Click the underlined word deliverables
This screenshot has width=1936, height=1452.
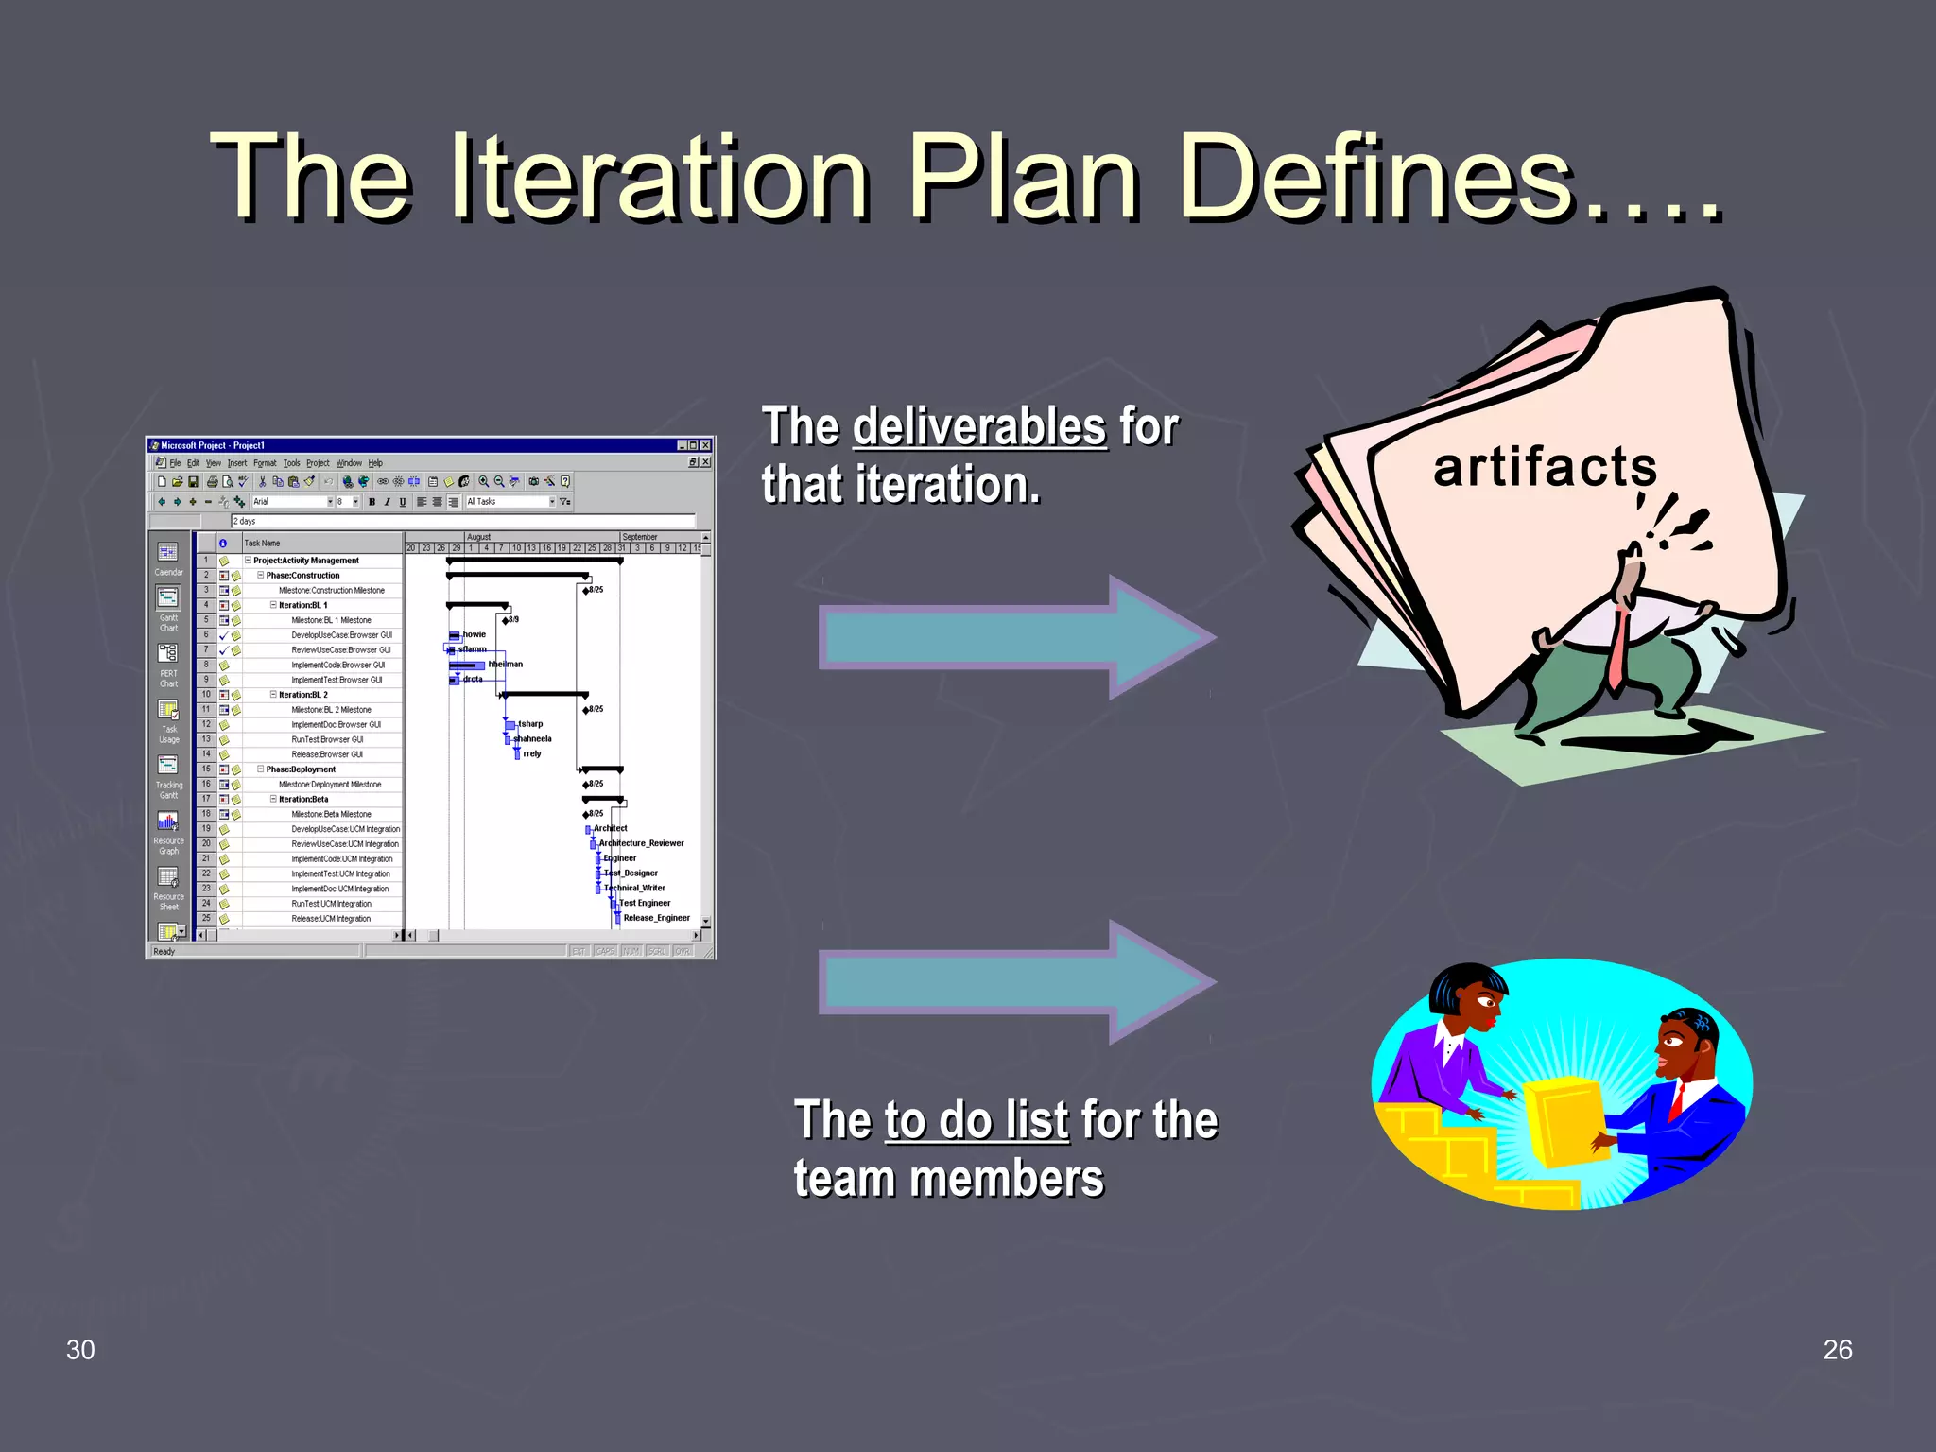click(979, 426)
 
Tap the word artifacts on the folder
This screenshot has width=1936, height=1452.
click(1545, 467)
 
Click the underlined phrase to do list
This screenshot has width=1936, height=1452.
click(977, 1120)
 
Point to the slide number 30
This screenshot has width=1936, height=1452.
click(80, 1350)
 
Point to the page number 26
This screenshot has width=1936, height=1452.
click(1837, 1350)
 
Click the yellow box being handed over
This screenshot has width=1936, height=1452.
click(1564, 1120)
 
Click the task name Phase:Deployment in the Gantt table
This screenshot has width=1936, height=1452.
click(301, 769)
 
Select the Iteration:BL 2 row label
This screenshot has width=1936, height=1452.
click(302, 695)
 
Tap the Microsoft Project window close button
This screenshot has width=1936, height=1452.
click(705, 445)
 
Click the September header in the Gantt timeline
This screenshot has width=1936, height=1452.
click(640, 537)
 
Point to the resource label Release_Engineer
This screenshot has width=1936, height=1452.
click(656, 918)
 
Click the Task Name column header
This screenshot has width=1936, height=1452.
click(263, 544)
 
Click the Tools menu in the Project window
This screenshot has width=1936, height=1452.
click(291, 463)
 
